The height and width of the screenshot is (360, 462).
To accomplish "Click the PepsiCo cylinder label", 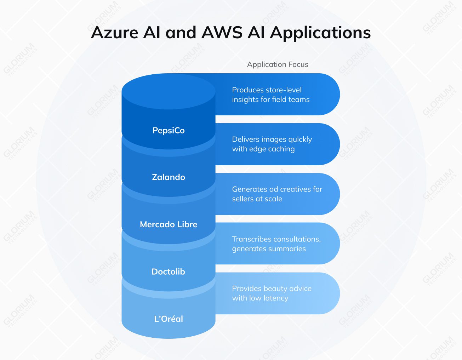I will (x=169, y=131).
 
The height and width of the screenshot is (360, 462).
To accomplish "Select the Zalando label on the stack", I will (x=169, y=177).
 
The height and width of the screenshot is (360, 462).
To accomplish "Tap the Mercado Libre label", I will (x=169, y=224).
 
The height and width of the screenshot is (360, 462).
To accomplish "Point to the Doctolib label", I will (x=168, y=272).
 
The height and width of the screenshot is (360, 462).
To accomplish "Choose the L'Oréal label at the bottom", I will (x=169, y=319).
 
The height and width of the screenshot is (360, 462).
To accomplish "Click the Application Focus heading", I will (x=278, y=64).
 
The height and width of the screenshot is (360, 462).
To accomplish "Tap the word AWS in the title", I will (x=222, y=33).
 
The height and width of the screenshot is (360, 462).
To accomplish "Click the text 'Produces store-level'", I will (x=267, y=90).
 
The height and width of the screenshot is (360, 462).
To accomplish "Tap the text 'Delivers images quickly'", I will (x=272, y=139).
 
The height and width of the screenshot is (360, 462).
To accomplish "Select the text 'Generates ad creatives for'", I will (x=277, y=189).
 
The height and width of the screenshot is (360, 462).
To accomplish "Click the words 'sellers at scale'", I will (x=257, y=199).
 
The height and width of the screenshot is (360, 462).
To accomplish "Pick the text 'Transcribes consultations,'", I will (x=276, y=239).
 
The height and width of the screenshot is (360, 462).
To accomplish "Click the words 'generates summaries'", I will (x=269, y=249).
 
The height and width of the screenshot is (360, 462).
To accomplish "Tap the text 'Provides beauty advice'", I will (x=272, y=288).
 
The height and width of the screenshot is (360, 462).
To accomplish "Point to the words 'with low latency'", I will (x=260, y=298).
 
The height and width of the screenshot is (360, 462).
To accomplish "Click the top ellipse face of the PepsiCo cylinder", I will (x=169, y=91).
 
